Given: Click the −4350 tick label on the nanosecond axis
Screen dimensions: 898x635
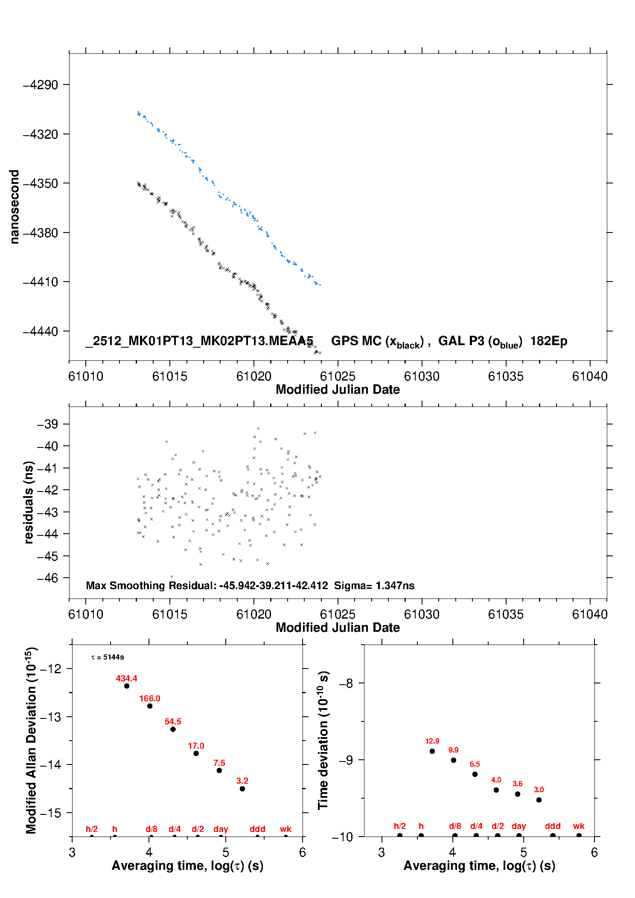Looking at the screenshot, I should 40,183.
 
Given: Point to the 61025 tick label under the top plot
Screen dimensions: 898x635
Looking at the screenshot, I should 338,376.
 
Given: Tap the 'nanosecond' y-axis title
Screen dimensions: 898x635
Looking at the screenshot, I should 15,207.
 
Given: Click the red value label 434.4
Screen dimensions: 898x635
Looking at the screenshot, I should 126,678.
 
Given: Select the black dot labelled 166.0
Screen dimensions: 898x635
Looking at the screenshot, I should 150,706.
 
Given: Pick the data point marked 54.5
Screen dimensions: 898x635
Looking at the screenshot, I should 173,729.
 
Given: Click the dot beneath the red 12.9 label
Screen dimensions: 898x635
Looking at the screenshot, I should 432,751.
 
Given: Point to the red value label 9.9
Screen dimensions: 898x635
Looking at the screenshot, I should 453,750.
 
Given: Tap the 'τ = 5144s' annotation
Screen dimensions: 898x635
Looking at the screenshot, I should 108,657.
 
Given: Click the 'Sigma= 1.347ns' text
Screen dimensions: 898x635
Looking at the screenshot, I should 374,585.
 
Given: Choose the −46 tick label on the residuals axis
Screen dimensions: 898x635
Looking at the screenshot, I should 47,578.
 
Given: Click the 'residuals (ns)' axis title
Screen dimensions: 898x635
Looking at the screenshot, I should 29,502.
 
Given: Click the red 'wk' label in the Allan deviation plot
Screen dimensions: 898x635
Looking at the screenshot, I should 285,829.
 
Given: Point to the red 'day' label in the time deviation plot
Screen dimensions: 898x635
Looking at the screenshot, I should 518,826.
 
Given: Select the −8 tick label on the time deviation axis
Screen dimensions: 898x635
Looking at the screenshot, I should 346,683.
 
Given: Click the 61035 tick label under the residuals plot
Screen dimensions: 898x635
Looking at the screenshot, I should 506,614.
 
